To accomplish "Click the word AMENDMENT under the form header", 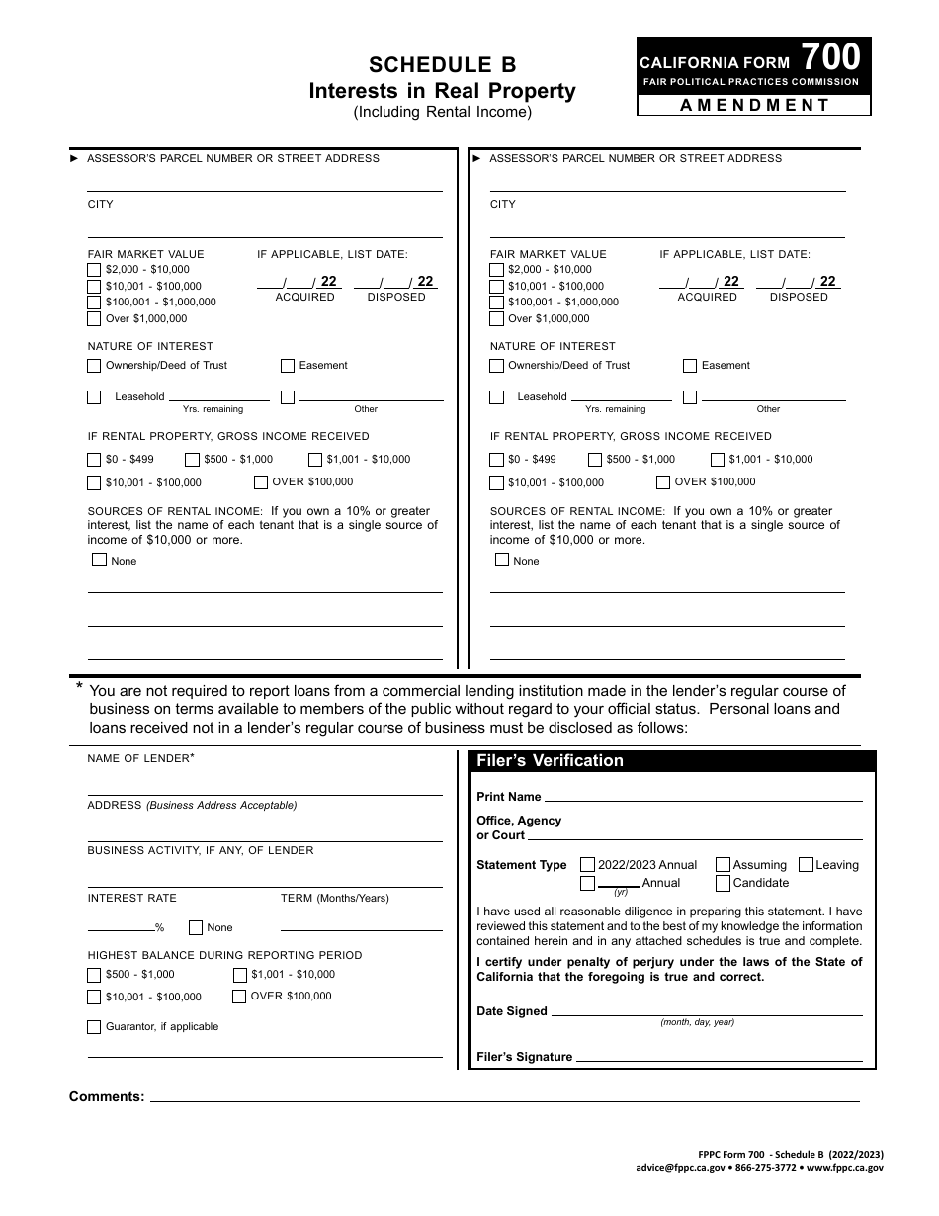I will [x=754, y=105].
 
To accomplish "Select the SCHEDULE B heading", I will [x=443, y=65].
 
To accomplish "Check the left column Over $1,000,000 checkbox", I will [x=94, y=319].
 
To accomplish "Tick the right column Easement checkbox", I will [x=690, y=366].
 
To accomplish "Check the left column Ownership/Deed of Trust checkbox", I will [x=94, y=366].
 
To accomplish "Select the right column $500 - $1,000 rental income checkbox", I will [x=595, y=460].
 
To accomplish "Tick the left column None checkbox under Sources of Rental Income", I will [x=99, y=561].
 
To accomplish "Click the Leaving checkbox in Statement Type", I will [x=806, y=865].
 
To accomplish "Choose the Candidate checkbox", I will [x=724, y=883].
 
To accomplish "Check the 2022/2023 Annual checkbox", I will [x=588, y=865].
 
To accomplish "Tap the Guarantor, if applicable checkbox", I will [x=94, y=1027].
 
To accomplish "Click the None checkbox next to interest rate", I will [x=196, y=928].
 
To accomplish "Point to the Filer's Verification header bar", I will [x=671, y=761].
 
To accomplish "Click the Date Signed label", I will [x=511, y=1011].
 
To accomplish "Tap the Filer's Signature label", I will [x=524, y=1057].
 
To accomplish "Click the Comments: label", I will [x=107, y=1096].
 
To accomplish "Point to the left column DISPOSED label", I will [x=395, y=297].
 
